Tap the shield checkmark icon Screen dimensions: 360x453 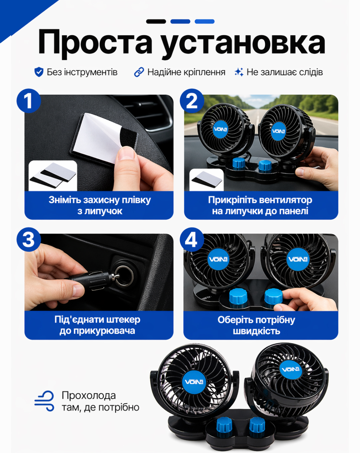(x=39, y=72)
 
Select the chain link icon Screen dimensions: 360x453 (x=139, y=72)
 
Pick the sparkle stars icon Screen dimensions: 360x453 (x=239, y=72)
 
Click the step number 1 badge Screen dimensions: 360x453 (x=29, y=101)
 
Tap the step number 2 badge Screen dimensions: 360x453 (x=192, y=101)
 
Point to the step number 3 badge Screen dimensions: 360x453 (x=29, y=239)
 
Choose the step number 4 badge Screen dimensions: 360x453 (x=192, y=239)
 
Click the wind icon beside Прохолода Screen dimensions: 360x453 (x=44, y=401)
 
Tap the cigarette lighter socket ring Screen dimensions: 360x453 (x=124, y=276)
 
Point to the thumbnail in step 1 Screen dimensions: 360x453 (x=53, y=176)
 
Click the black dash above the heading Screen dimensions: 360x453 (x=156, y=21)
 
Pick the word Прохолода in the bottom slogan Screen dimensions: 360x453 (x=89, y=395)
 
